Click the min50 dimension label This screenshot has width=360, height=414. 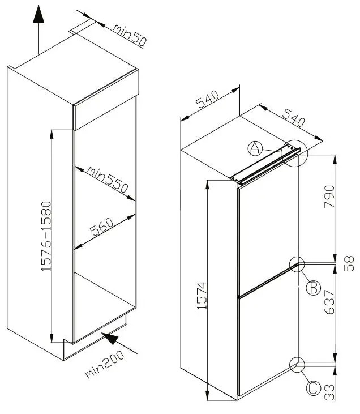click(130, 36)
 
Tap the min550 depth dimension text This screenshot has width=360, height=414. click(108, 180)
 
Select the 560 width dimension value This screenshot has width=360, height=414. click(102, 227)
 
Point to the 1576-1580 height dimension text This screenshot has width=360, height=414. click(46, 236)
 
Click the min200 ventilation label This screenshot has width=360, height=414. click(105, 364)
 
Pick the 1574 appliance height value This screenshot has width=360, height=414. click(202, 296)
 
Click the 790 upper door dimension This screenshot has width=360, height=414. click(329, 197)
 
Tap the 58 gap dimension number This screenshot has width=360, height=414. click(349, 263)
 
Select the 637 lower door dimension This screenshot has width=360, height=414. click(329, 302)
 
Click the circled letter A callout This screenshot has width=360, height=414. click(255, 148)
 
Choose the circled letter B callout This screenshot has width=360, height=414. click(313, 288)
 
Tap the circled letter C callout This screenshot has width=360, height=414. click(313, 389)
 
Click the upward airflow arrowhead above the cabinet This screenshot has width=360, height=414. click(38, 14)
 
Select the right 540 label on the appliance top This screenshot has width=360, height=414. click(293, 117)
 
